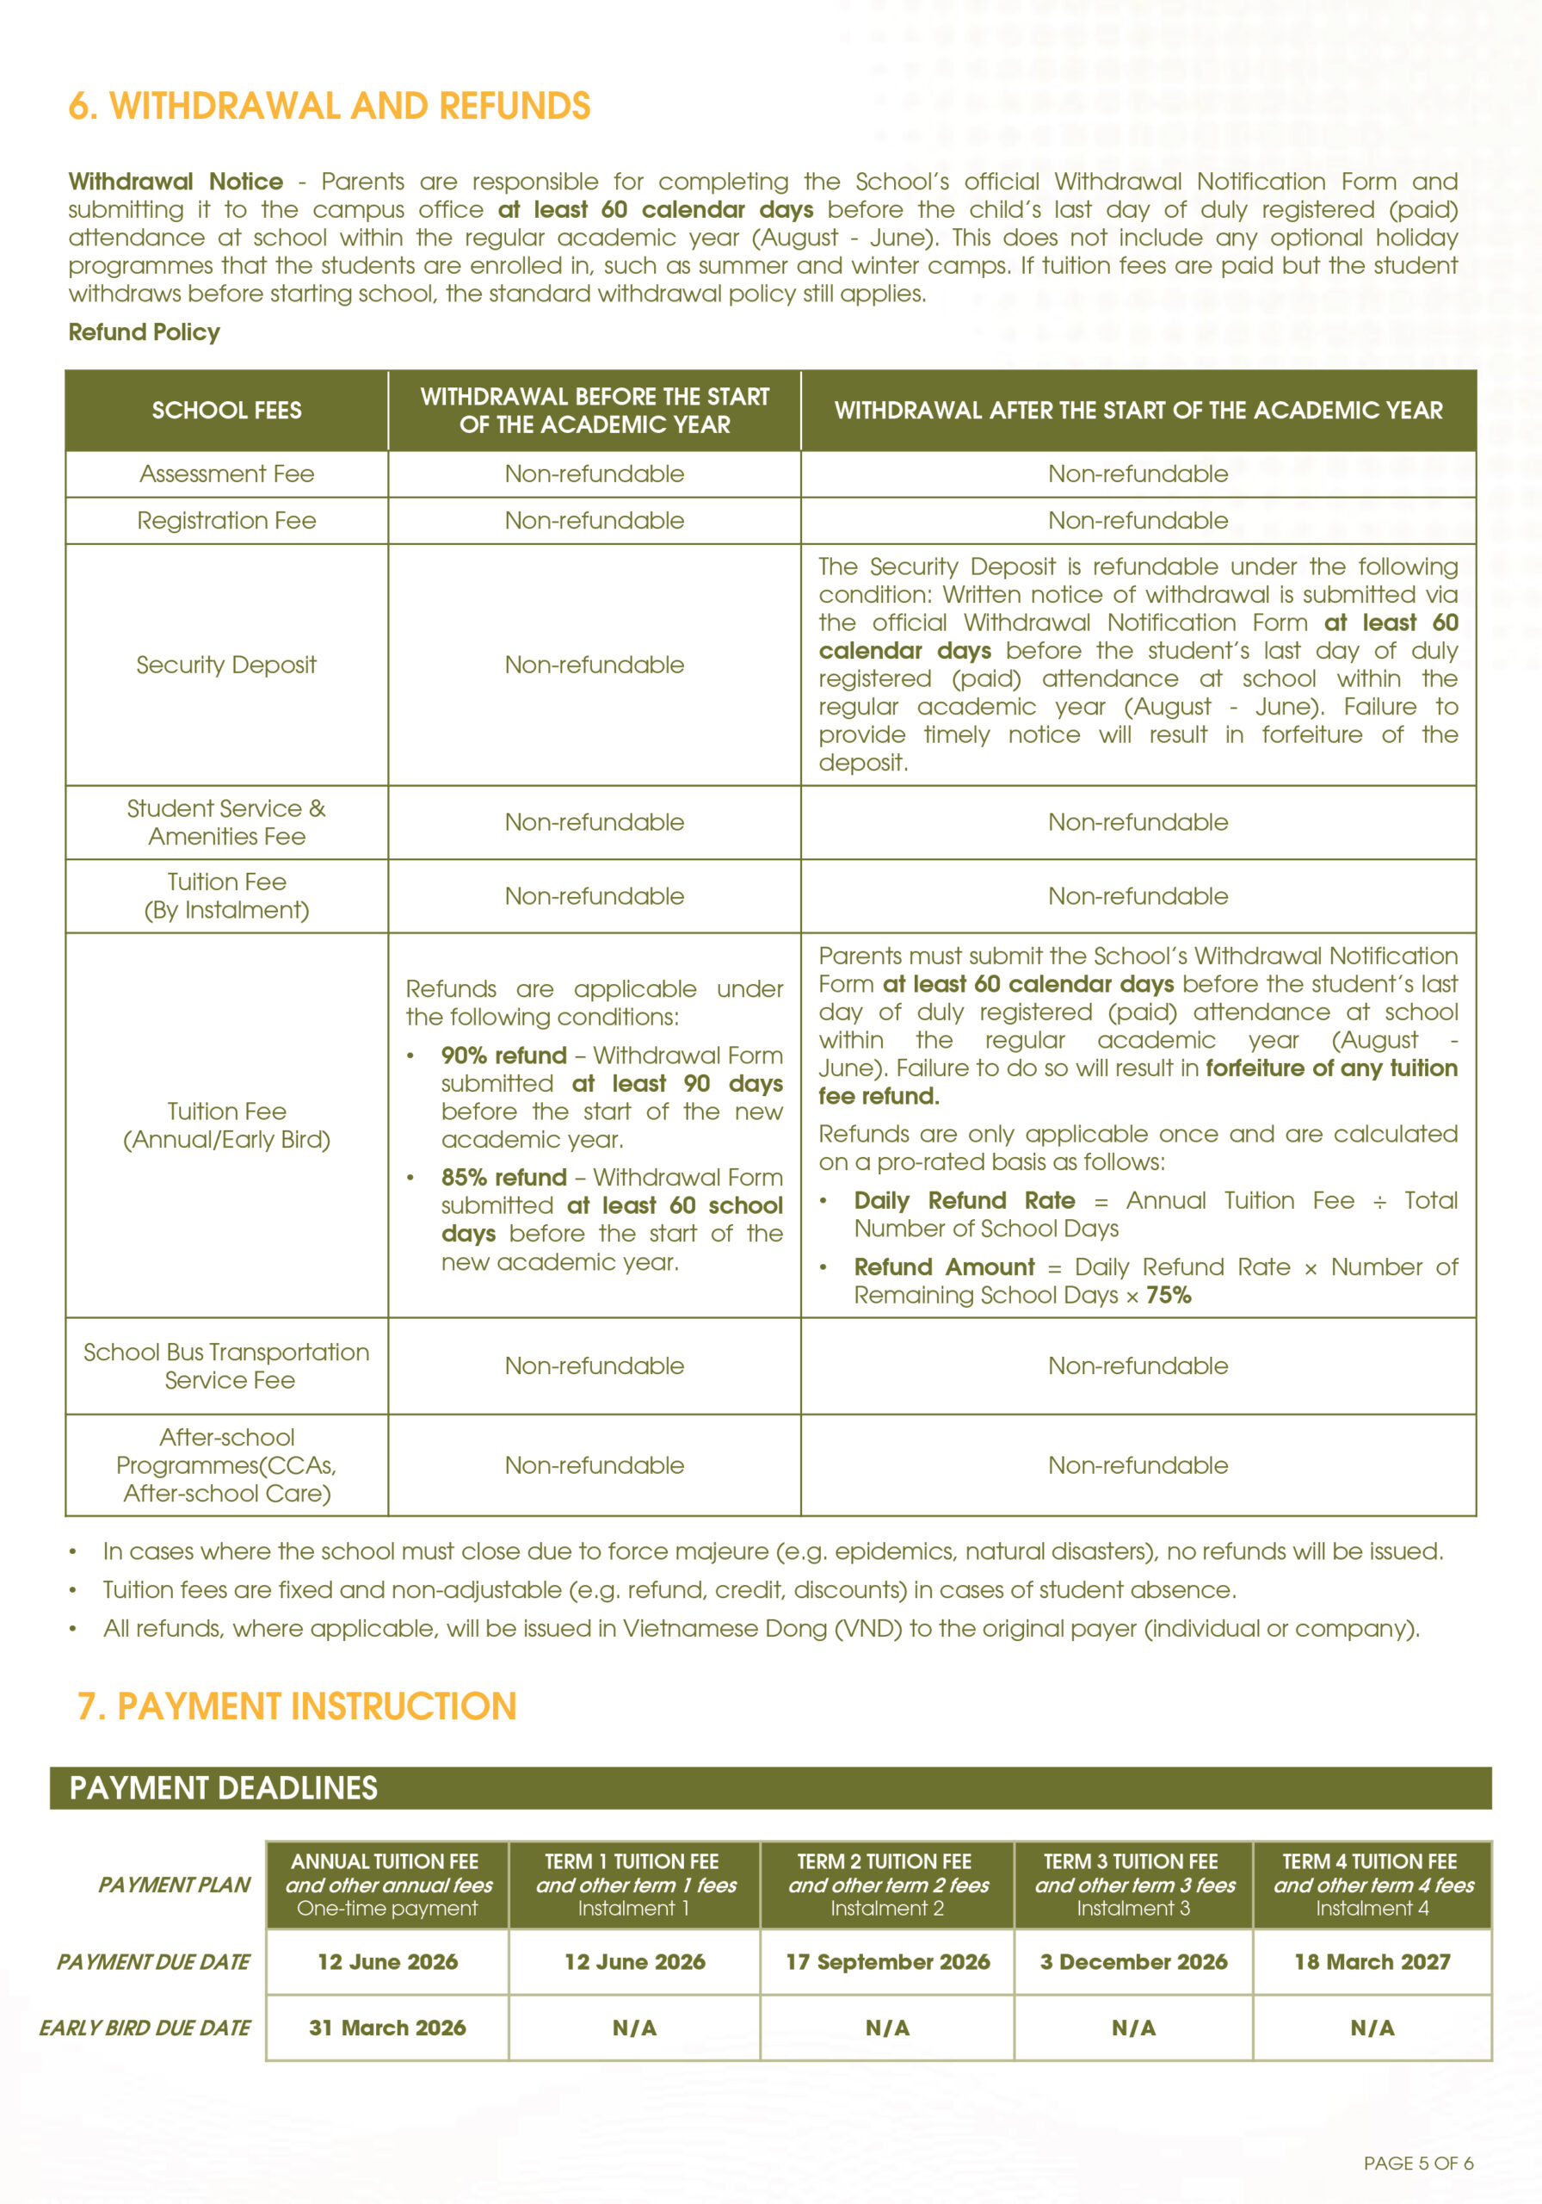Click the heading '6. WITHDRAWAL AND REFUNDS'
[329, 106]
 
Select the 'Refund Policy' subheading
[144, 332]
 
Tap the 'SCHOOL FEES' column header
[226, 411]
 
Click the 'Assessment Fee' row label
[226, 474]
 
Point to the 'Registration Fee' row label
[226, 521]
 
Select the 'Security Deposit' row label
[226, 666]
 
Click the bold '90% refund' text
[503, 1056]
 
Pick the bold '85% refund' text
[503, 1178]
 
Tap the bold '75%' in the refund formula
[1169, 1296]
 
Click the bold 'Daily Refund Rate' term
[965, 1201]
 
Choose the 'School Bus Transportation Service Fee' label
[226, 1366]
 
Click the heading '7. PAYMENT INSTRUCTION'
[297, 1706]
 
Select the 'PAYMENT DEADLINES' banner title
[224, 1788]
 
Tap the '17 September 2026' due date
[887, 1962]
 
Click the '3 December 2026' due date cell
[1133, 1962]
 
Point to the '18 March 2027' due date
[1372, 1962]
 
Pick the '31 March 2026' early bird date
[388, 2028]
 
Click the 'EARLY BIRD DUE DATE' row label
[145, 2028]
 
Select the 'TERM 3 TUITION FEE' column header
[1131, 1862]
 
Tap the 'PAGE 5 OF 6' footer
[1418, 2164]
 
